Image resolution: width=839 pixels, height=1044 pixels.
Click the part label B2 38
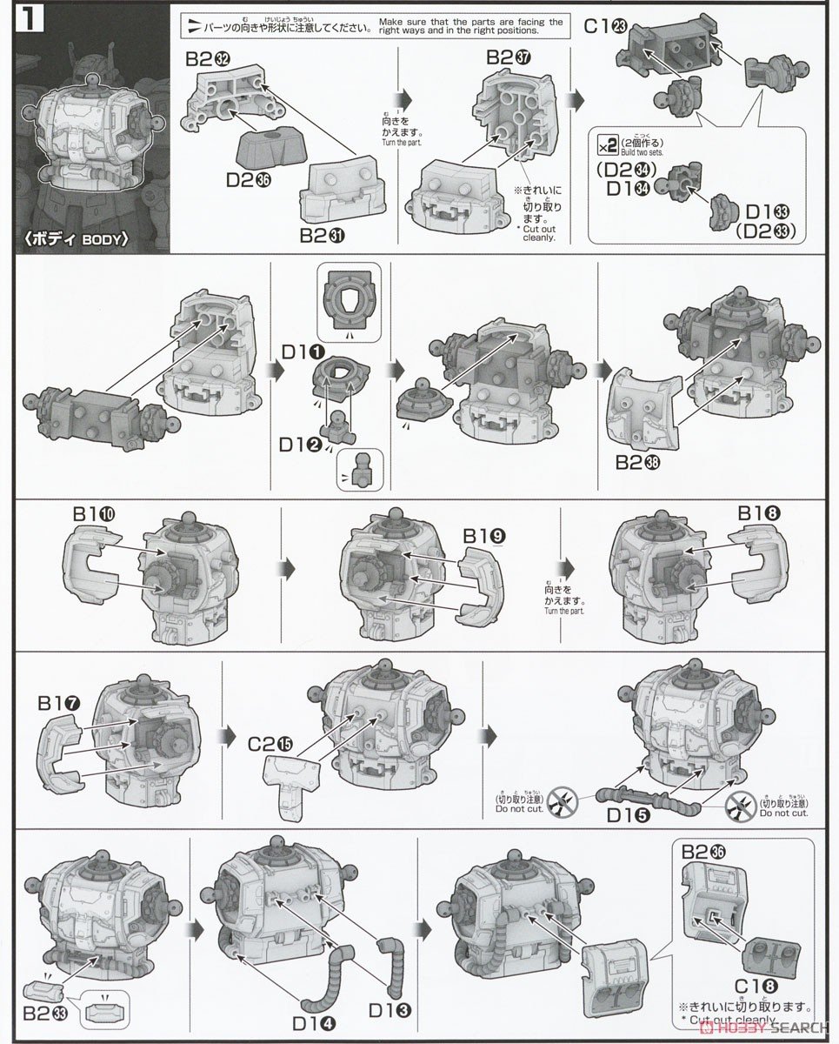(x=638, y=462)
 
